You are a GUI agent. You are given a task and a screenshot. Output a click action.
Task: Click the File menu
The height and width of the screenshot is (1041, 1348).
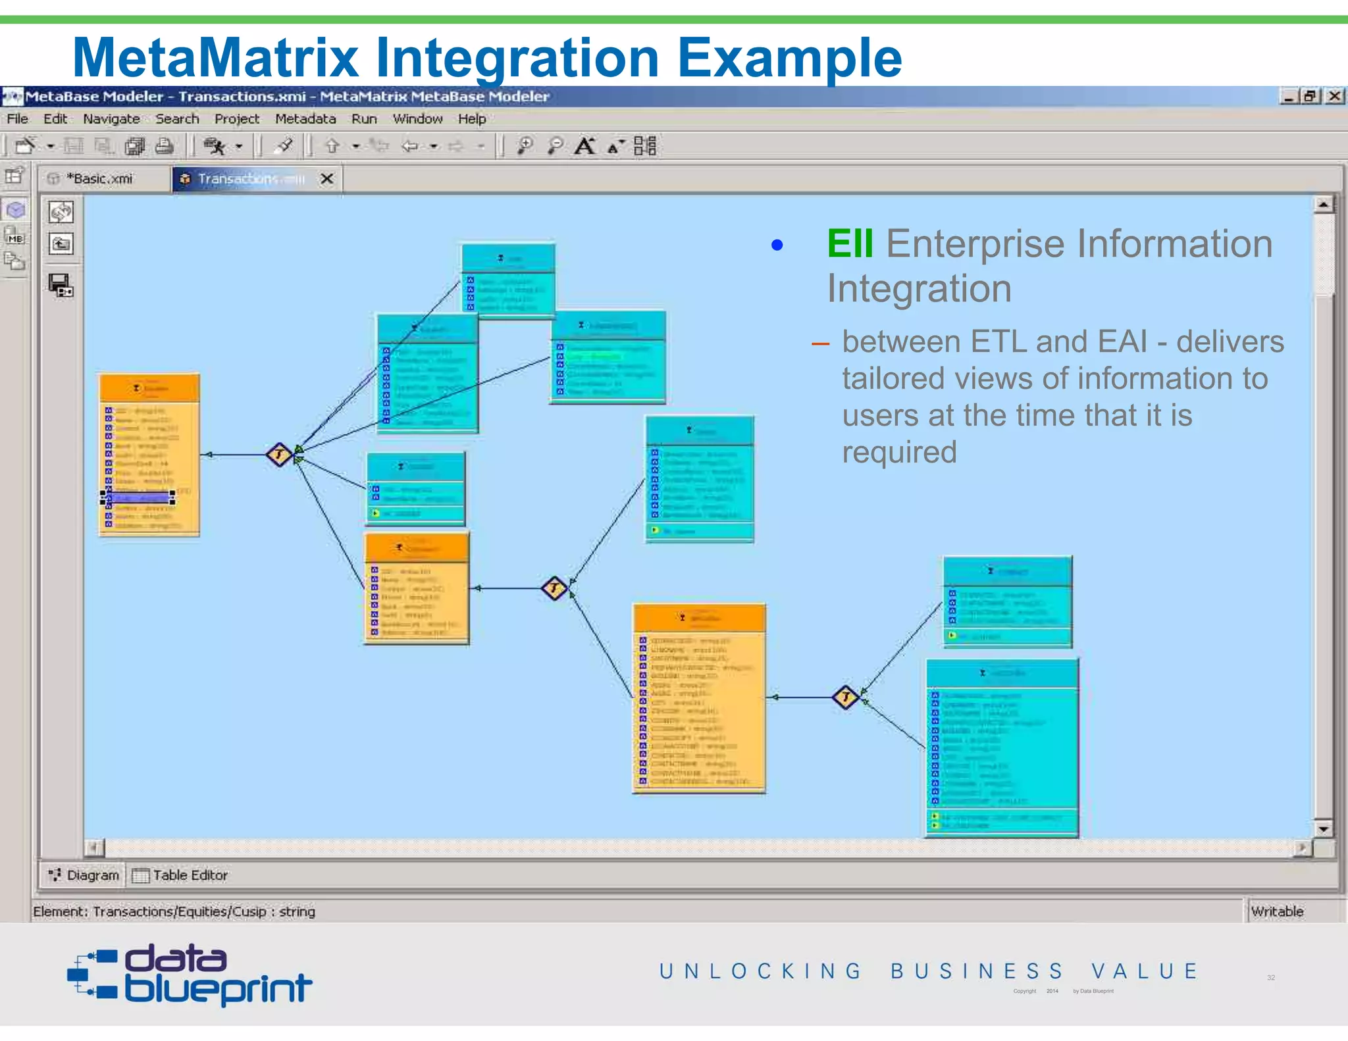17,119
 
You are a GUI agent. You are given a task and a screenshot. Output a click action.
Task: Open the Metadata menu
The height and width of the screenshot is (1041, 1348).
305,119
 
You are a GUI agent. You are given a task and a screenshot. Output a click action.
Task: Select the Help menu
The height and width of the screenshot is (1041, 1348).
472,119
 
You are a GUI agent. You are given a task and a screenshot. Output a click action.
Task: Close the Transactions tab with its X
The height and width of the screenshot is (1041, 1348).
326,179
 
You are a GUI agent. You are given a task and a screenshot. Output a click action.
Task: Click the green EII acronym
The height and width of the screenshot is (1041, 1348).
850,244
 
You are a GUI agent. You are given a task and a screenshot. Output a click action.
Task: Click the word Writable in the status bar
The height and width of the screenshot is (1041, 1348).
1277,911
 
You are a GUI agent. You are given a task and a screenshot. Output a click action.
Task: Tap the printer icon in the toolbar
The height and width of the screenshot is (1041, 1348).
165,146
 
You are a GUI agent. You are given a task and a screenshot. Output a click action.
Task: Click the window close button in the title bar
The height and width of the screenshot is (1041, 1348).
1334,96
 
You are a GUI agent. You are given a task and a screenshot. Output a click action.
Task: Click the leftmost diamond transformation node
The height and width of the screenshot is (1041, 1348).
279,455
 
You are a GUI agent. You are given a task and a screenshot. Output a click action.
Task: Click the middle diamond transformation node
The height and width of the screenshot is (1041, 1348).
554,588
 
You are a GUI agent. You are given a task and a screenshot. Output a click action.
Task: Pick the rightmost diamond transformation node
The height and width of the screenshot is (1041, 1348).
845,697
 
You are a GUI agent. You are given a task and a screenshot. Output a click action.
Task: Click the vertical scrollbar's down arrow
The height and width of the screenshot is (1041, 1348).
1323,828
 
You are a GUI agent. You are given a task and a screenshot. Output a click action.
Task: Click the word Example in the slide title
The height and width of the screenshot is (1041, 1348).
790,58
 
